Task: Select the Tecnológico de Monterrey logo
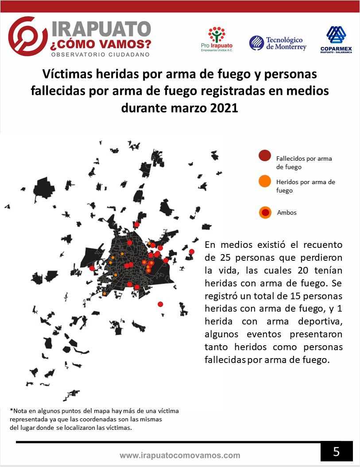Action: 278,43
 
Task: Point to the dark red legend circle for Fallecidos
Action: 265,156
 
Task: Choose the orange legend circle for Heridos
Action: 265,181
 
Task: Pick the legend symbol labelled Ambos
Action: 265,212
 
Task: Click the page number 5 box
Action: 337,452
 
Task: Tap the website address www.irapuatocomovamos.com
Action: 180,455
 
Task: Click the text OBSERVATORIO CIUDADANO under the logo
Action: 101,54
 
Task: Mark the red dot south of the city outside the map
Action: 160,304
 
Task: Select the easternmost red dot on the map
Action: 191,251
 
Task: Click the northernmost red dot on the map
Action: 137,224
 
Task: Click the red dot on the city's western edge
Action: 92,268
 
